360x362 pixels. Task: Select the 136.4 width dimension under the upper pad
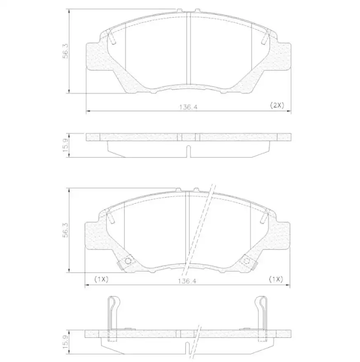[188, 107]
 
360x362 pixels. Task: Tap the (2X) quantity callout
[277, 105]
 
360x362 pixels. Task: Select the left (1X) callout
[101, 279]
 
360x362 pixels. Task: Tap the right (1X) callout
[275, 279]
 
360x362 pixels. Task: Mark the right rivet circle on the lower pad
[247, 261]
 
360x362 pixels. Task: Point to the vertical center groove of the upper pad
[188, 49]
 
